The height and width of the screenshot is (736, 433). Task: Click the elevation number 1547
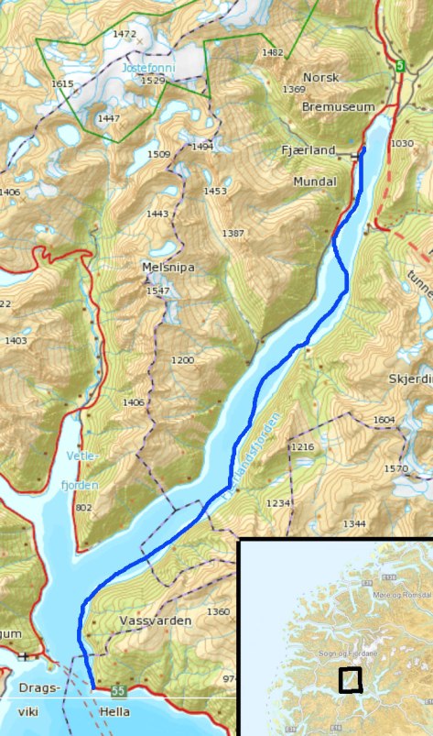tap(157, 291)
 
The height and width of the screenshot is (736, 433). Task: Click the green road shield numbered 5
tap(399, 66)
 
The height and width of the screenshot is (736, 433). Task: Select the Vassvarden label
tap(156, 621)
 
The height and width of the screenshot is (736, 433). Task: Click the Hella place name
tap(114, 712)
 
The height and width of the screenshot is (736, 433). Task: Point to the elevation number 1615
tap(62, 84)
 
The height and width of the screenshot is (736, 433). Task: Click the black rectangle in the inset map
tap(350, 679)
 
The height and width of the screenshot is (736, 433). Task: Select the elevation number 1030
tap(402, 144)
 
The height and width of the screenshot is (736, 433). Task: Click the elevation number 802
tap(83, 507)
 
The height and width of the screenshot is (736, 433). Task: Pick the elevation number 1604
tap(384, 420)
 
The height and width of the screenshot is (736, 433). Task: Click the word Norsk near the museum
tap(320, 78)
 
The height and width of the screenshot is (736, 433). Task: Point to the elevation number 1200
tap(183, 361)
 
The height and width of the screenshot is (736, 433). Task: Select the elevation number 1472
tap(124, 34)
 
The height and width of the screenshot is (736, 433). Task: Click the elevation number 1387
tap(233, 234)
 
